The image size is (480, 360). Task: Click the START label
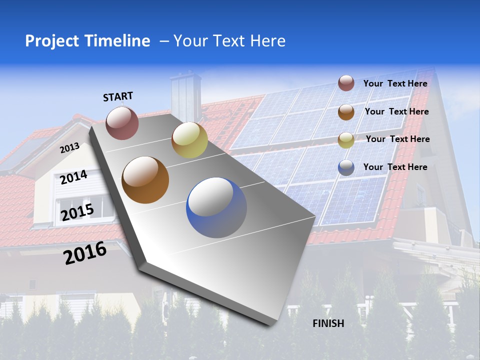pyautogui.click(x=118, y=96)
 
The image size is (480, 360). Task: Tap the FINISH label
pyautogui.click(x=328, y=323)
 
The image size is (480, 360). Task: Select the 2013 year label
pyautogui.click(x=69, y=148)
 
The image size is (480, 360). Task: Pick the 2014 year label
pyautogui.click(x=73, y=177)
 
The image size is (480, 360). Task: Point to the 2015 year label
pyautogui.click(x=77, y=212)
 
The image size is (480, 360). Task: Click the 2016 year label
pyautogui.click(x=85, y=252)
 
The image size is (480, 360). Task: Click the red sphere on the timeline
pyautogui.click(x=122, y=123)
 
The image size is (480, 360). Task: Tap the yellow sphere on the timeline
pyautogui.click(x=189, y=140)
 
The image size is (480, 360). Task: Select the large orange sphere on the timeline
pyautogui.click(x=145, y=179)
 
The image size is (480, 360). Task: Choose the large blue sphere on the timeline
pyautogui.click(x=216, y=207)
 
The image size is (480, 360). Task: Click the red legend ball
pyautogui.click(x=346, y=83)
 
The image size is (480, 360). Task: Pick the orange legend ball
pyautogui.click(x=346, y=112)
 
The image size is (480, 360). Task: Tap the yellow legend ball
pyautogui.click(x=346, y=139)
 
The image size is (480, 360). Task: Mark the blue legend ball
pyautogui.click(x=346, y=167)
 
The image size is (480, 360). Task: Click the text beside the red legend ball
pyautogui.click(x=395, y=83)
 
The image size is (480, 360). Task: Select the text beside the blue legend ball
pyautogui.click(x=395, y=167)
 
